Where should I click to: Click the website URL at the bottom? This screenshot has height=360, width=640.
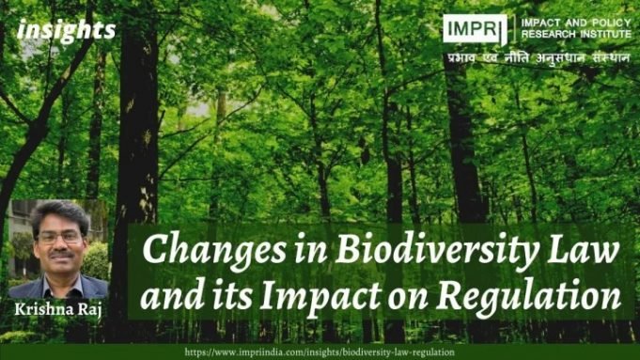coord(320,351)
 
